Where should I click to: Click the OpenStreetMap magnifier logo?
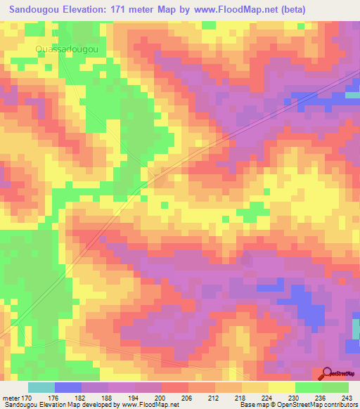coord(327,374)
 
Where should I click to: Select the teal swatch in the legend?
coord(41,388)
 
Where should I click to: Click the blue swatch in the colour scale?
coord(68,388)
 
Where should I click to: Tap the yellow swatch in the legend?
coord(281,388)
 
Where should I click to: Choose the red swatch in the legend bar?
coord(175,388)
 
